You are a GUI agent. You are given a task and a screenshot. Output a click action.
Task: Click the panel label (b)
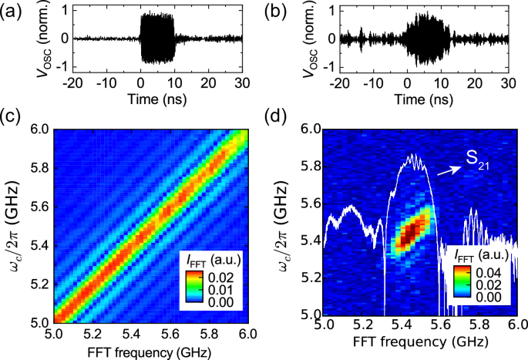(276, 12)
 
